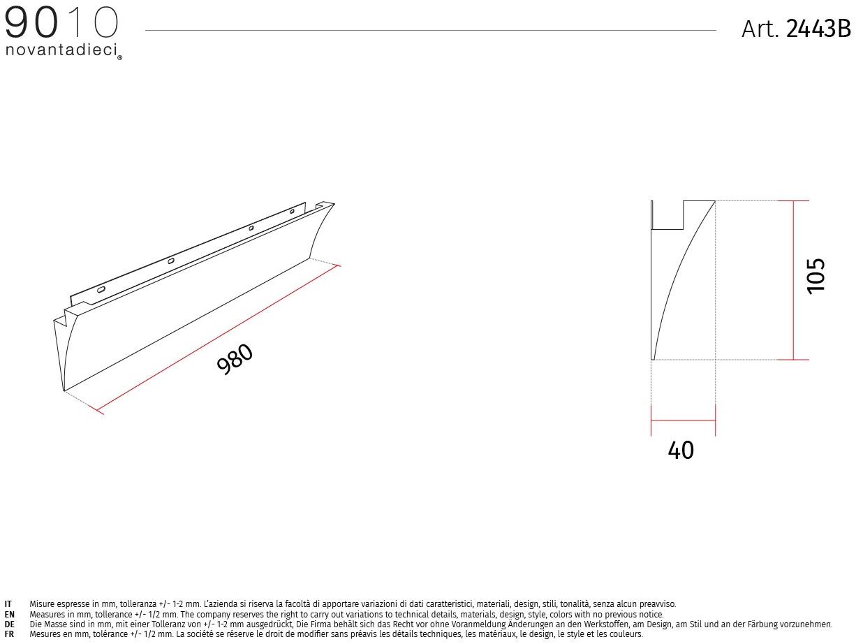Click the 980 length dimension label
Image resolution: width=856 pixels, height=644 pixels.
[235, 359]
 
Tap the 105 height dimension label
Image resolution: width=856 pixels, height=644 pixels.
[816, 276]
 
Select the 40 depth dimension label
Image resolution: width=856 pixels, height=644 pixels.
[681, 451]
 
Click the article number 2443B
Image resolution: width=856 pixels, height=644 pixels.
[818, 29]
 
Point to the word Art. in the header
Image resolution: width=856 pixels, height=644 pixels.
[760, 29]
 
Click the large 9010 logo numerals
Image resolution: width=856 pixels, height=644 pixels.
[61, 23]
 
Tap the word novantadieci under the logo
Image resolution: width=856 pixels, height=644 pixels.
[61, 50]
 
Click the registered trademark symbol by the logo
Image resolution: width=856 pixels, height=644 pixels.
[119, 58]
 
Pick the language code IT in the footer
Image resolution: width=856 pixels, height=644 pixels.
[8, 604]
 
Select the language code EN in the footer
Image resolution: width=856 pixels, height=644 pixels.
[9, 615]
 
